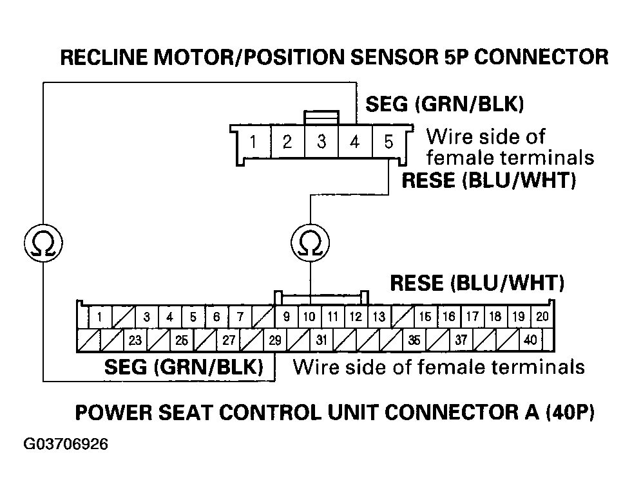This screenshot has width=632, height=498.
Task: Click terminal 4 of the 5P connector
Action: tap(354, 142)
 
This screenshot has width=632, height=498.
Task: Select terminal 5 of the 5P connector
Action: tap(388, 142)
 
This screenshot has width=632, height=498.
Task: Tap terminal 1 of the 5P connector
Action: tap(253, 142)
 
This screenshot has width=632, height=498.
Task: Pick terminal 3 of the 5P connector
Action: tap(321, 142)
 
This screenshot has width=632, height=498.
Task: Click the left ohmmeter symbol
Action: tap(43, 243)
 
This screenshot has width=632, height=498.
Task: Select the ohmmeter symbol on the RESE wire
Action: tap(311, 243)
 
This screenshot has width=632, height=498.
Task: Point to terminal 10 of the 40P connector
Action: tap(309, 317)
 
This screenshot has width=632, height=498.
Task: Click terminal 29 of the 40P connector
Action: tap(275, 340)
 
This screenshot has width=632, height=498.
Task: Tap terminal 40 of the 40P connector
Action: tap(530, 340)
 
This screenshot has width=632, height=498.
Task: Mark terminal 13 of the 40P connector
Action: tap(379, 317)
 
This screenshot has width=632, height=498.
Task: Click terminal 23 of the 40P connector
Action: tap(135, 340)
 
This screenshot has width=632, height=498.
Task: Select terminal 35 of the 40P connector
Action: tap(414, 340)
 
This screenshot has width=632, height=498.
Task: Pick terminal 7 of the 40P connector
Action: tap(240, 317)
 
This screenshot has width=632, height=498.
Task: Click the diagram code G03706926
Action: tap(66, 445)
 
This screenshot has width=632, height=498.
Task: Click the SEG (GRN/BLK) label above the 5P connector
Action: tap(444, 104)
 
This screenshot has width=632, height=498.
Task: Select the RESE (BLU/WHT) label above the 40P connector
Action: tap(477, 283)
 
